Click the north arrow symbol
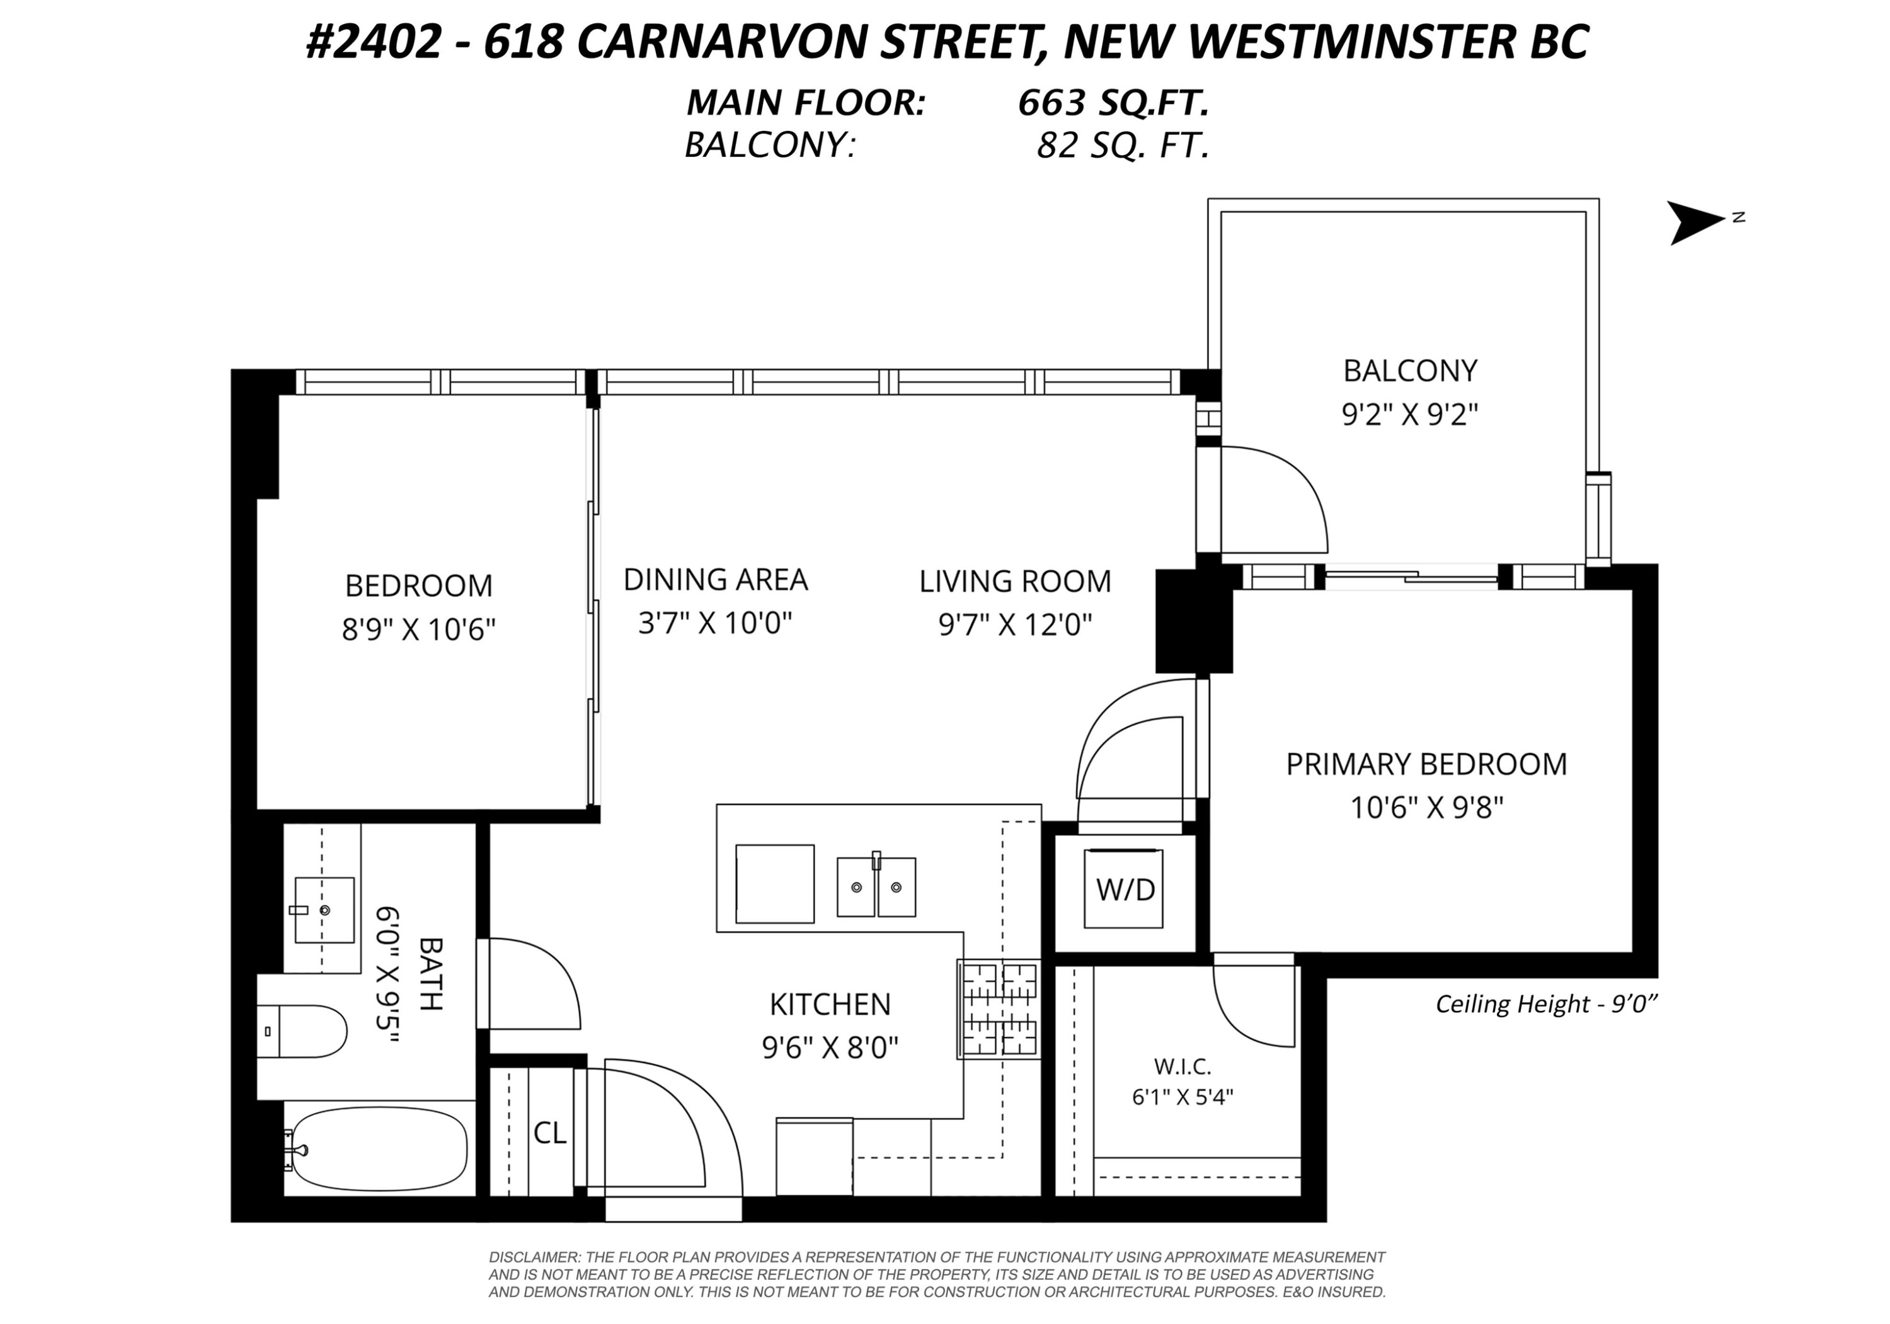(x=1699, y=222)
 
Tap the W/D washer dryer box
(x=1124, y=889)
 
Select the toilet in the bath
(x=301, y=1031)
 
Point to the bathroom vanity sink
(x=324, y=910)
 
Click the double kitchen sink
(x=877, y=886)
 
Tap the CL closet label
(x=550, y=1133)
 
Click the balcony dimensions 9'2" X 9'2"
(x=1410, y=414)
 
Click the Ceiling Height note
(x=1546, y=1004)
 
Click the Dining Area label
(x=715, y=579)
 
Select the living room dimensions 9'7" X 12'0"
(x=1015, y=625)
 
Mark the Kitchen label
(x=830, y=1004)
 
